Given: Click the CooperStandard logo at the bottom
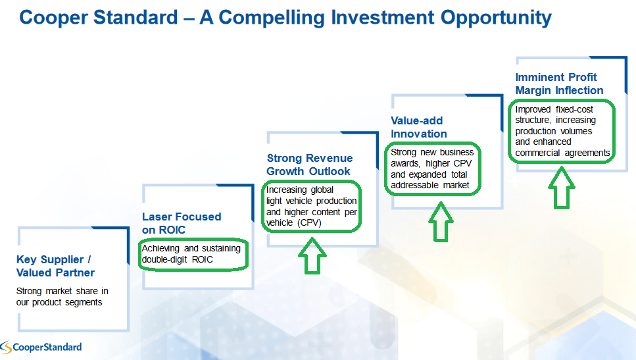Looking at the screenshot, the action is click(x=41, y=347).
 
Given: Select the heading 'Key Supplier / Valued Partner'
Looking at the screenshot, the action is click(x=55, y=266).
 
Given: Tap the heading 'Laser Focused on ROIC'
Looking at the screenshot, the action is click(x=182, y=223).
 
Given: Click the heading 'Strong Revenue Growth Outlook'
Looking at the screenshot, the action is click(x=310, y=165).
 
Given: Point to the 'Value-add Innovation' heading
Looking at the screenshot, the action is click(x=418, y=127).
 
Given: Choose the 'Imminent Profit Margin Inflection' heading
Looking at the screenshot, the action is click(x=559, y=84).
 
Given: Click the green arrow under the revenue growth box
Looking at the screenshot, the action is click(x=312, y=256).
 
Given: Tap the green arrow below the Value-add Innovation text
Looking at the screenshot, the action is click(x=441, y=222).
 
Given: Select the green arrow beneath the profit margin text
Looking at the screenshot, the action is click(x=562, y=188).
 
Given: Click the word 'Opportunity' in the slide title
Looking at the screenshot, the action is click(x=496, y=18).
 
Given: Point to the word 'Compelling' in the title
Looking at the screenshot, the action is click(x=272, y=18).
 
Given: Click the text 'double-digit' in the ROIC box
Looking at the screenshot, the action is click(x=164, y=259).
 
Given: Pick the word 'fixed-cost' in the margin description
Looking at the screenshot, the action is click(x=574, y=110).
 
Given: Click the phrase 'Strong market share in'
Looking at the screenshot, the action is click(x=62, y=291).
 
